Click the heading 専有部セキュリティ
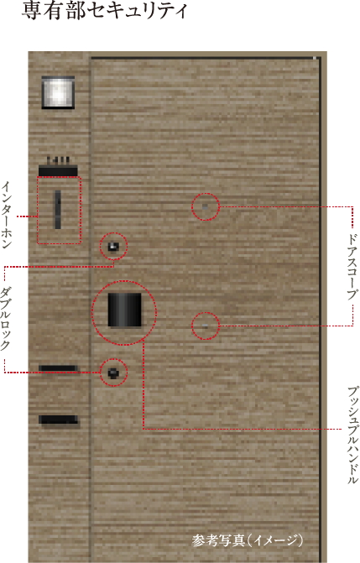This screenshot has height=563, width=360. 105,10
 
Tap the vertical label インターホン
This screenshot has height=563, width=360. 7,215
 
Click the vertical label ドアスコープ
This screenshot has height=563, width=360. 352,267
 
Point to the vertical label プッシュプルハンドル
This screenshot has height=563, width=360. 352,435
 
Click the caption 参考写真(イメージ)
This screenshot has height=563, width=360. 248,540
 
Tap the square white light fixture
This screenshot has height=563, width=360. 58,92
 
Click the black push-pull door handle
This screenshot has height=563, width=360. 124,310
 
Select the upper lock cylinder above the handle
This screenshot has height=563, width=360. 113,247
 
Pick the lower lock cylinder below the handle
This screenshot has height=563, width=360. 113,373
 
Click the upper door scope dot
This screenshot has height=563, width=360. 205,206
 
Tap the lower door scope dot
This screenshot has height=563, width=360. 205,326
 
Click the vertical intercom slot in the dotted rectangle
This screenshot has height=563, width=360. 58,209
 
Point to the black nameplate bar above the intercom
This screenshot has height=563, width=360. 58,171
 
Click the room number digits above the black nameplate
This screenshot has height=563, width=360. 58,160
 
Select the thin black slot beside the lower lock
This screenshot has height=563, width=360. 58,368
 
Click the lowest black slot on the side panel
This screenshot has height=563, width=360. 58,420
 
